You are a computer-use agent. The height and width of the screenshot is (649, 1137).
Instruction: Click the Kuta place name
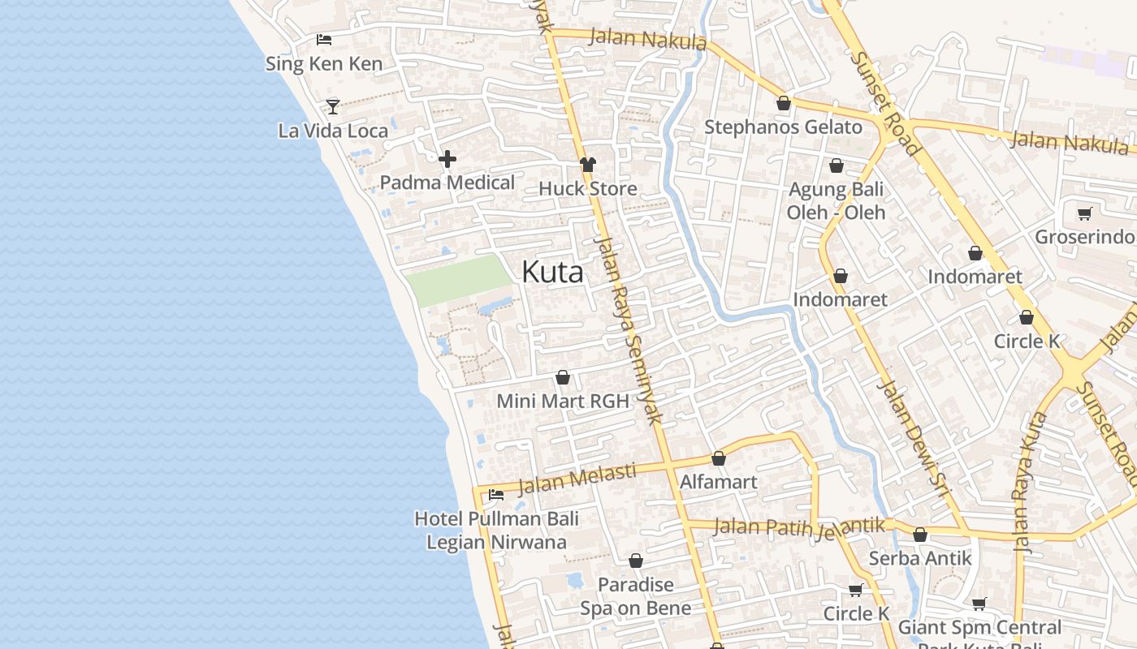pyautogui.click(x=552, y=272)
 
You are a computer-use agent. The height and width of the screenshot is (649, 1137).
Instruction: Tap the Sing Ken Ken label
pyautogui.click(x=324, y=63)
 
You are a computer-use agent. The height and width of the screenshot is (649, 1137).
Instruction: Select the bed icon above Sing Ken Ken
pyautogui.click(x=324, y=39)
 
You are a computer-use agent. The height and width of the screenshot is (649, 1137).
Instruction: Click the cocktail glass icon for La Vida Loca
pyautogui.click(x=332, y=105)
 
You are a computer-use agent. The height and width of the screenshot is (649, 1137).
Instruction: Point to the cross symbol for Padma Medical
pyautogui.click(x=447, y=159)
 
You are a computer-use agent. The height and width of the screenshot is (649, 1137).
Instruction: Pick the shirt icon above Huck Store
pyautogui.click(x=588, y=165)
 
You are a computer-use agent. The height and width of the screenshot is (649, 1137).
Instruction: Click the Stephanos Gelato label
pyautogui.click(x=783, y=127)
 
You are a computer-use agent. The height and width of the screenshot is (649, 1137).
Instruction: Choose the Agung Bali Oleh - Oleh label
pyautogui.click(x=836, y=200)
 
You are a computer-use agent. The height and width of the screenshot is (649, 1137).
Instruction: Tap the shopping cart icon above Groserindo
pyautogui.click(x=1084, y=213)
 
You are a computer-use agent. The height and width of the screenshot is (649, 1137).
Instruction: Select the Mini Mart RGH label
pyautogui.click(x=563, y=401)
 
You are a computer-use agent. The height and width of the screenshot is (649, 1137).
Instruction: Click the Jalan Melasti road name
pyautogui.click(x=577, y=479)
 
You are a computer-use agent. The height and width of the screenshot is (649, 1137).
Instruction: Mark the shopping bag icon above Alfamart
pyautogui.click(x=719, y=458)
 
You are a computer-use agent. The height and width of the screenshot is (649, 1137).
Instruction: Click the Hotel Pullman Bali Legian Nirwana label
pyautogui.click(x=496, y=530)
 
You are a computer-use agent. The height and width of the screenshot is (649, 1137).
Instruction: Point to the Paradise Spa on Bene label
pyautogui.click(x=636, y=596)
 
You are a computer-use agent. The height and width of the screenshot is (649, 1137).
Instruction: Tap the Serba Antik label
pyautogui.click(x=920, y=558)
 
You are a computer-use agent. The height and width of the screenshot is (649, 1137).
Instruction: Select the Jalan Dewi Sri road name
pyautogui.click(x=914, y=430)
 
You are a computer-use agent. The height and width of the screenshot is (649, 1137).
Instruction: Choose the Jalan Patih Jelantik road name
pyautogui.click(x=799, y=527)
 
